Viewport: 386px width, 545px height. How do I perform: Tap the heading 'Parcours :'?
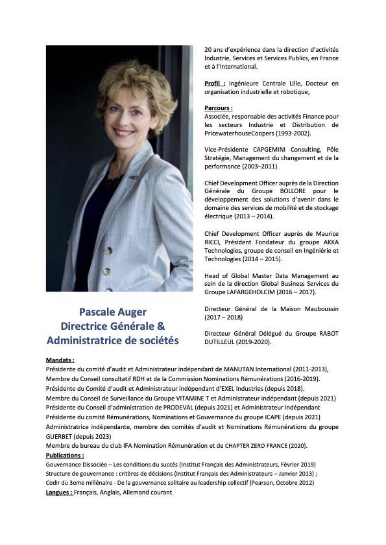click(219, 108)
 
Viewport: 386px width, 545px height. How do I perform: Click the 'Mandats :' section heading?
click(60, 359)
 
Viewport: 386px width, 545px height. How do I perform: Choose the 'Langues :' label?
click(59, 493)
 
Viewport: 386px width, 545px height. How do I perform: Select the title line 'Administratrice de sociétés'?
click(113, 340)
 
